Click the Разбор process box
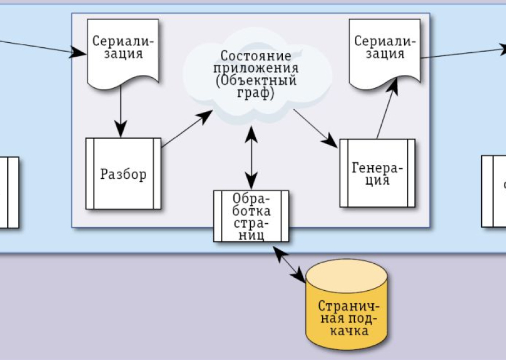pyautogui.click(x=123, y=174)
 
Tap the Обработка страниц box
pyautogui.click(x=251, y=217)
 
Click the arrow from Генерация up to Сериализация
pyautogui.click(x=387, y=110)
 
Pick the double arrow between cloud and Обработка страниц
pyautogui.click(x=251, y=157)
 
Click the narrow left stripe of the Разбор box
pyautogui.click(x=89, y=174)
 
